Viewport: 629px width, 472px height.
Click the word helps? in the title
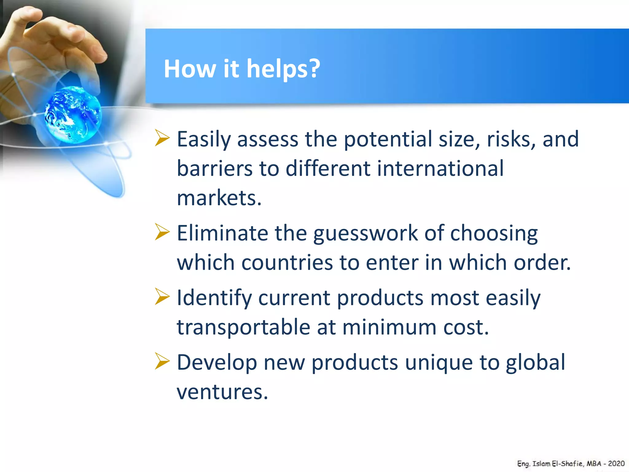click(283, 69)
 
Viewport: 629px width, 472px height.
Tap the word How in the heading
click(190, 69)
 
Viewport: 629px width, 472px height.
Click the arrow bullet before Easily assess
click(162, 138)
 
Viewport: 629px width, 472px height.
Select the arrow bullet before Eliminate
click(162, 232)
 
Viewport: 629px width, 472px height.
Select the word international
click(440, 168)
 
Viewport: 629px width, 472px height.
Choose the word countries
click(287, 262)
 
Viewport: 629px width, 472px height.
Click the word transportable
click(243, 327)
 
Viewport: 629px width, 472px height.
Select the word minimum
click(389, 327)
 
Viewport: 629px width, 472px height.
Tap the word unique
click(439, 363)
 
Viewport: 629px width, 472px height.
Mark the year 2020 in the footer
click(616, 463)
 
